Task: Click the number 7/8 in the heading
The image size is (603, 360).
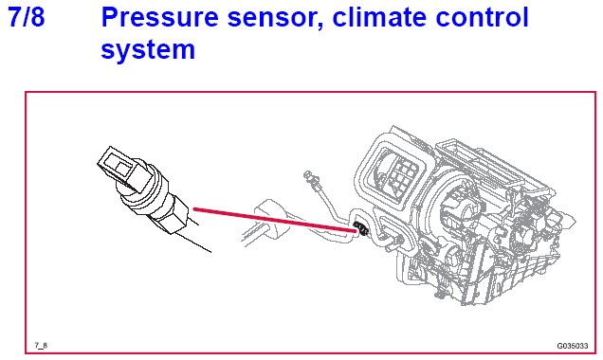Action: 27,17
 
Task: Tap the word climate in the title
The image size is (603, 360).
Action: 378,17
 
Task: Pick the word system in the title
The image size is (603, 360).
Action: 148,51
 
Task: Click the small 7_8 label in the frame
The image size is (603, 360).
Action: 41,346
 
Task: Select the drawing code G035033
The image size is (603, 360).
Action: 573,346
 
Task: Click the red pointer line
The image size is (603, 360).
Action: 275,220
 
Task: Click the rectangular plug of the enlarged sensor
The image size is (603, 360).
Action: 123,168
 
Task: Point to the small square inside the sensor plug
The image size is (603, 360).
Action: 124,167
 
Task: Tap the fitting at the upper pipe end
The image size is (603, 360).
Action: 308,176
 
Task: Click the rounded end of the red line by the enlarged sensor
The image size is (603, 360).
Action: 195,209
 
